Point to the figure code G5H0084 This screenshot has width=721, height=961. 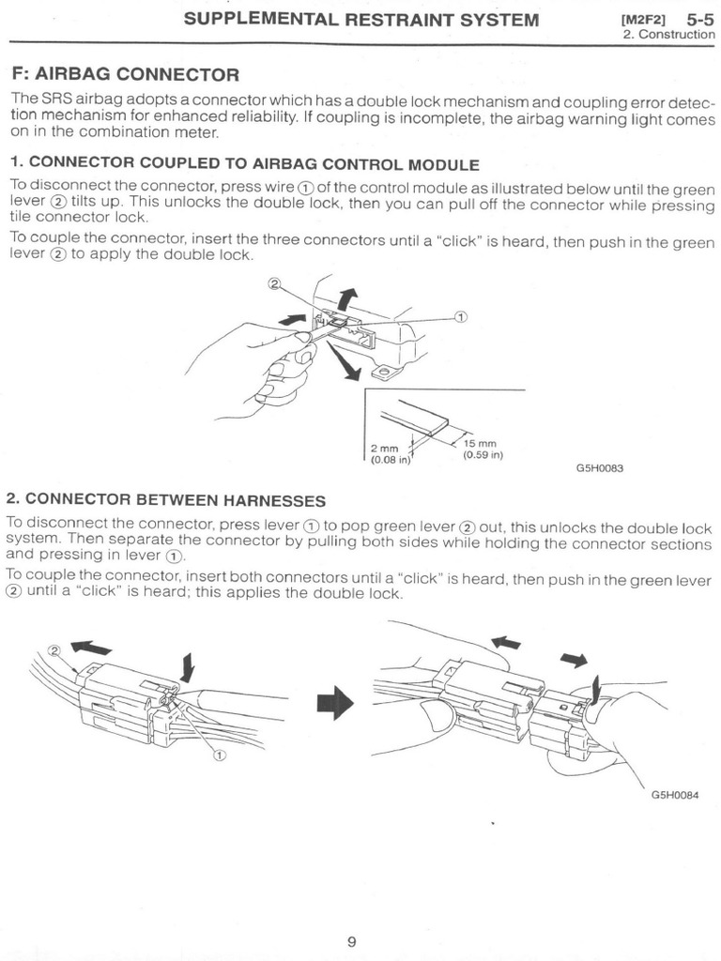(674, 795)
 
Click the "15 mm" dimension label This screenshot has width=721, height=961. (480, 443)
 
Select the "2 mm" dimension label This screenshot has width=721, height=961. (383, 449)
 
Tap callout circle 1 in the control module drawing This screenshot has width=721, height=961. (461, 316)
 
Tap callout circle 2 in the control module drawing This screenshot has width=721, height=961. (275, 282)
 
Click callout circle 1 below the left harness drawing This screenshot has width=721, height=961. (219, 754)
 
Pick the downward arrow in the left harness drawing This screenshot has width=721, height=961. (188, 667)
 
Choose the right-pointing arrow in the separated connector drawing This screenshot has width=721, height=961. (573, 660)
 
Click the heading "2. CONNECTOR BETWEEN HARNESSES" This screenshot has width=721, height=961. (166, 499)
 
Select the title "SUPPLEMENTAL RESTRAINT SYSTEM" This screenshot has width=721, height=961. (361, 19)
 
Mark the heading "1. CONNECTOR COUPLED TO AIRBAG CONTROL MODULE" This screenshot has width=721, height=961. (244, 164)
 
